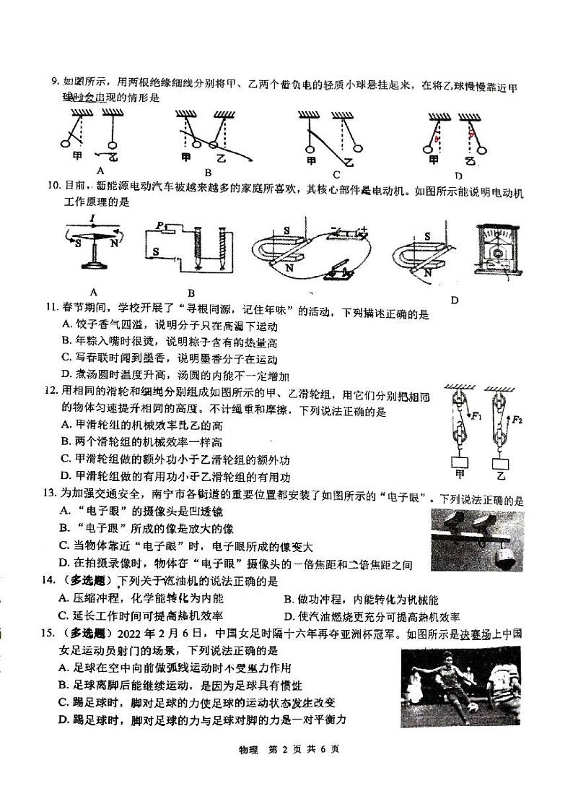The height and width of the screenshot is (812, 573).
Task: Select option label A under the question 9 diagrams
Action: coord(100,170)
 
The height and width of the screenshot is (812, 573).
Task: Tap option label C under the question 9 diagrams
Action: coord(336,173)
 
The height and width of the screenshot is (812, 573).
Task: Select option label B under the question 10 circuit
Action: coord(191,293)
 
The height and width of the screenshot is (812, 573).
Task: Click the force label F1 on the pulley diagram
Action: coord(476,415)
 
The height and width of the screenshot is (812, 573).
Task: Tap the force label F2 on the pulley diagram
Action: coord(518,419)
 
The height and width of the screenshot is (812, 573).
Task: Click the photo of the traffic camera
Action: coord(476,540)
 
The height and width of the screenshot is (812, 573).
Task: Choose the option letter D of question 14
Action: coord(288,616)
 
